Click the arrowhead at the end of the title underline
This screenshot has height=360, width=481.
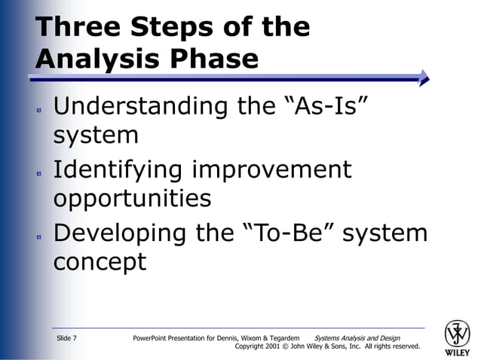click(x=424, y=76)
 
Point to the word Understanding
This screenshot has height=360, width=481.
click(x=140, y=106)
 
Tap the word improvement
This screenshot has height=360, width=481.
click(x=271, y=169)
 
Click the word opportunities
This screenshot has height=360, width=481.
click(x=132, y=198)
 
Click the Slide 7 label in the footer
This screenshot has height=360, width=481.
click(x=66, y=338)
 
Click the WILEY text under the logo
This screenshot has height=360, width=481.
click(x=458, y=352)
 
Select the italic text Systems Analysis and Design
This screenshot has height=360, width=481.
click(x=357, y=338)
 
